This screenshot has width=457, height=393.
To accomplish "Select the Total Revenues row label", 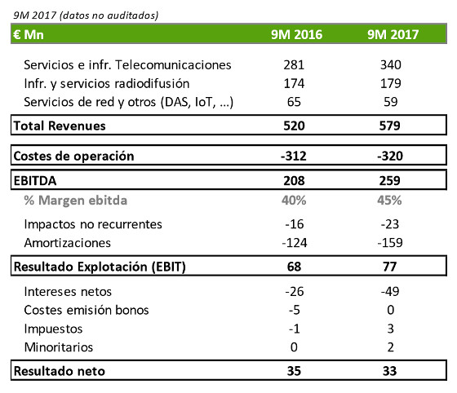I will pyautogui.click(x=61, y=126).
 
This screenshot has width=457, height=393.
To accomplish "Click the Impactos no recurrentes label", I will pyautogui.click(x=93, y=223).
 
